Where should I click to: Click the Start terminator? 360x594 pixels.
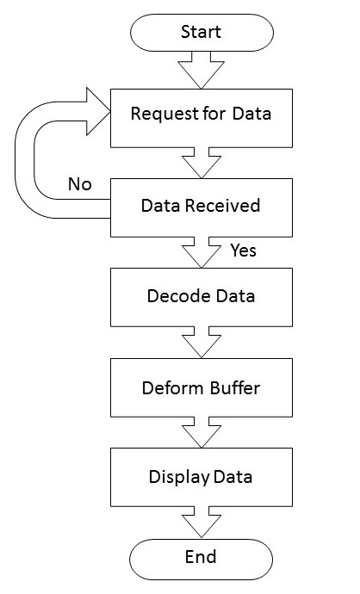click(202, 33)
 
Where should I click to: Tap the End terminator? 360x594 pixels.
click(202, 559)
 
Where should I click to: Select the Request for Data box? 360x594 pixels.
click(202, 118)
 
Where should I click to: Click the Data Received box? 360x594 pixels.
click(202, 207)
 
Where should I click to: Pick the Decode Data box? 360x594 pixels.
click(202, 297)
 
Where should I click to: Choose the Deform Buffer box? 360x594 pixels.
click(202, 387)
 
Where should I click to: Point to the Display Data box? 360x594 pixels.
click(202, 477)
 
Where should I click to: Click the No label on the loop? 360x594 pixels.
click(80, 184)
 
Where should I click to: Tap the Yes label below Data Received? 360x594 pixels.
click(243, 251)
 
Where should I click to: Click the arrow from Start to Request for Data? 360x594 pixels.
click(202, 70)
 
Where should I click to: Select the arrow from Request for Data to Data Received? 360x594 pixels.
click(202, 163)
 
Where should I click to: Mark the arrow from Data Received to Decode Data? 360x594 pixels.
click(202, 253)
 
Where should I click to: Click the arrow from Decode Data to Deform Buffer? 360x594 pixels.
click(202, 343)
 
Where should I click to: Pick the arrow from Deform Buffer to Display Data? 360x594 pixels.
click(202, 432)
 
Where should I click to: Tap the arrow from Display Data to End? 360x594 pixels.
click(202, 522)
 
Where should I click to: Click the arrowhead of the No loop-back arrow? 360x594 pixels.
click(98, 111)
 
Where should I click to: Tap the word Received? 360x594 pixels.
click(222, 206)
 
